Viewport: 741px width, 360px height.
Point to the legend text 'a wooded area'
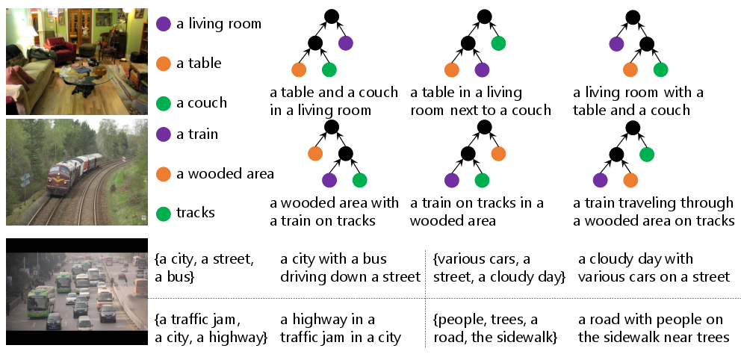click(225, 174)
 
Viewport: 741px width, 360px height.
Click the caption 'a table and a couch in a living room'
click(334, 102)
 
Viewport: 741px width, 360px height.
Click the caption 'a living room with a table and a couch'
click(639, 102)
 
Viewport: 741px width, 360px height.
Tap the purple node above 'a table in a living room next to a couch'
click(482, 70)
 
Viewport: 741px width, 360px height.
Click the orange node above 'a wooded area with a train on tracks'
click(315, 154)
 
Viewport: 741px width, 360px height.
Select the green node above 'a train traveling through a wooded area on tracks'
click(647, 154)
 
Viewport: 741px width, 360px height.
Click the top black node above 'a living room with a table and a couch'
click(632, 16)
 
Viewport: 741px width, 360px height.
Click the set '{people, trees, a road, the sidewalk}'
click(495, 329)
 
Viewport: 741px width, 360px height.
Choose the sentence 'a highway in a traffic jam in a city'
click(341, 329)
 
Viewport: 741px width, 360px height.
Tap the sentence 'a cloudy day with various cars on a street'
click(654, 268)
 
